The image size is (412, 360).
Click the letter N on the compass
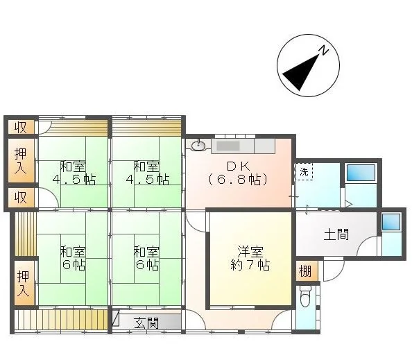tap(324, 50)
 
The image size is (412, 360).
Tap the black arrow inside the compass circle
tap(303, 71)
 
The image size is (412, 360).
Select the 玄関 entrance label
tap(146, 323)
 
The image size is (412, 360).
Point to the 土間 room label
tap(336, 234)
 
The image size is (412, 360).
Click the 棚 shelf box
tap(306, 271)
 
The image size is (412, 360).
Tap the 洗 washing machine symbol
tap(304, 172)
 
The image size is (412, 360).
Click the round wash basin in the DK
tap(198, 146)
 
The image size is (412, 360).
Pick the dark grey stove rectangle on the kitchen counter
tap(228, 146)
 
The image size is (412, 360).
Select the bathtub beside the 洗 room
tap(361, 173)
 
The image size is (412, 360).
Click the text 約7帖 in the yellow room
tap(250, 264)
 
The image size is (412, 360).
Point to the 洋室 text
tap(250, 252)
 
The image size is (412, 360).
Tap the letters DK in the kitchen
tap(238, 166)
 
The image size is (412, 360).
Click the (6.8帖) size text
tap(238, 180)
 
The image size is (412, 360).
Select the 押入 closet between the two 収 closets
tap(21, 160)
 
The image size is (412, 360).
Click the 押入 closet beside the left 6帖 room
tap(24, 283)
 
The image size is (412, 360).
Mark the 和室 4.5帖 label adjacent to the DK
tap(147, 173)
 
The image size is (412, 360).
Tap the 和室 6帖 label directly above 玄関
tap(146, 258)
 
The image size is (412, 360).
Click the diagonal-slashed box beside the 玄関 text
tap(116, 318)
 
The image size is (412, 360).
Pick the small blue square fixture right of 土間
tap(391, 222)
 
